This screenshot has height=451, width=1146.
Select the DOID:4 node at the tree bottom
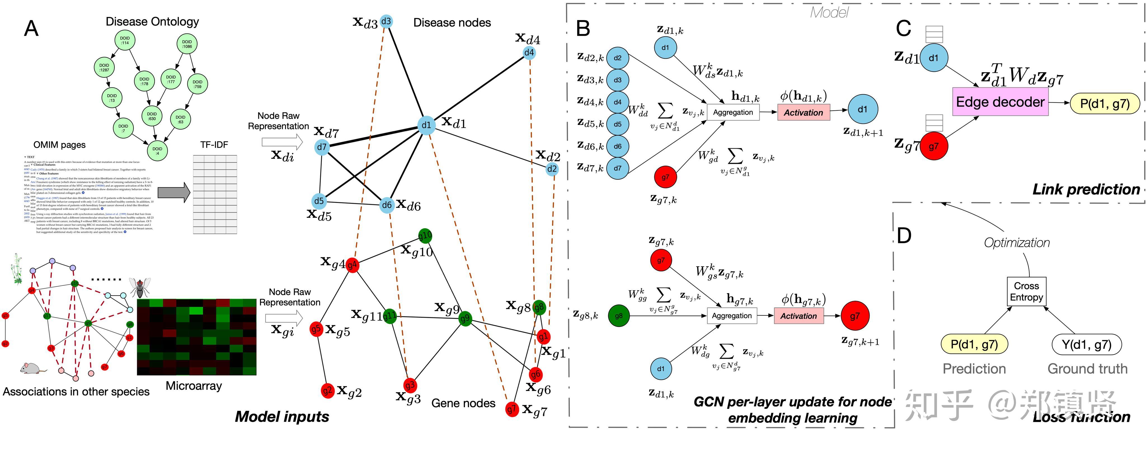(157, 151)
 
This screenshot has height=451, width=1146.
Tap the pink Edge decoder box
(1000, 102)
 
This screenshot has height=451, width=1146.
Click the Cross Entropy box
(1026, 291)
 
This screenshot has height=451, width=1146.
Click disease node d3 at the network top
(386, 21)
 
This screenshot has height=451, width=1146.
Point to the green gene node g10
(425, 236)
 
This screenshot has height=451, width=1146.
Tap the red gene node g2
(327, 391)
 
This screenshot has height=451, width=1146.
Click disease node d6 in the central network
(387, 205)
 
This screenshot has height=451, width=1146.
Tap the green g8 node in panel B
(618, 316)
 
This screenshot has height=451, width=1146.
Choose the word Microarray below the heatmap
(194, 386)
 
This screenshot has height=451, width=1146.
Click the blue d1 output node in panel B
(862, 109)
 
